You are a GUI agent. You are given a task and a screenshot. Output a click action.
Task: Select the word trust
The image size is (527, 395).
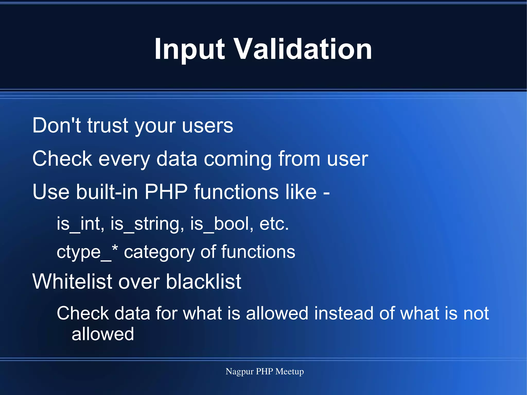click(x=108, y=125)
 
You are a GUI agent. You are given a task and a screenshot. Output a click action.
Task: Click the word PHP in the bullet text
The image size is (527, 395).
click(x=166, y=192)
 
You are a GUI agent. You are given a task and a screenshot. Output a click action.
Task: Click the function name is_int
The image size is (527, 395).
click(x=80, y=224)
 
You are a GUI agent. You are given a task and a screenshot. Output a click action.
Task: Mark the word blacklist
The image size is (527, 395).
click(x=203, y=282)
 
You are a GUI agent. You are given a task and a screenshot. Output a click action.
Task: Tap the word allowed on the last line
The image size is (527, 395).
click(x=103, y=334)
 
